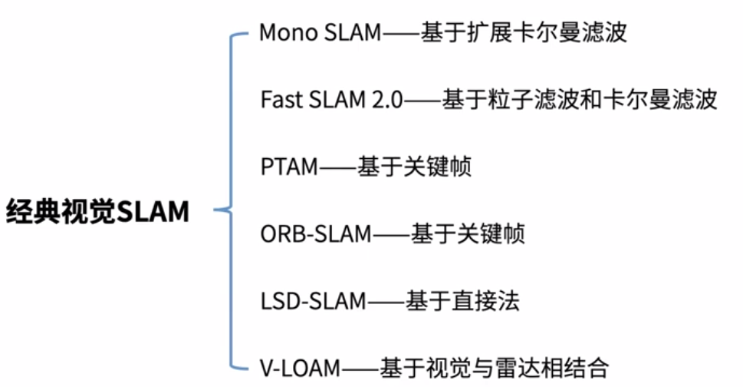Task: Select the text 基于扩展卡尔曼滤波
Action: point(524,33)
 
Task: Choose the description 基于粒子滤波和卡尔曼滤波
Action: point(579,100)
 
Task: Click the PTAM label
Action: point(288,167)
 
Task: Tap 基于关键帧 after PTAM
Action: point(414,167)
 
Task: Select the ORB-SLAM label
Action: point(316,233)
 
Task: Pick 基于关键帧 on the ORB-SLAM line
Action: point(468,233)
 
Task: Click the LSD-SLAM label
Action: point(314,300)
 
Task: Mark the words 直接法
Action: point(490,300)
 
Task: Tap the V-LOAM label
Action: point(299,367)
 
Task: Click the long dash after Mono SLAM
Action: point(401,33)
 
